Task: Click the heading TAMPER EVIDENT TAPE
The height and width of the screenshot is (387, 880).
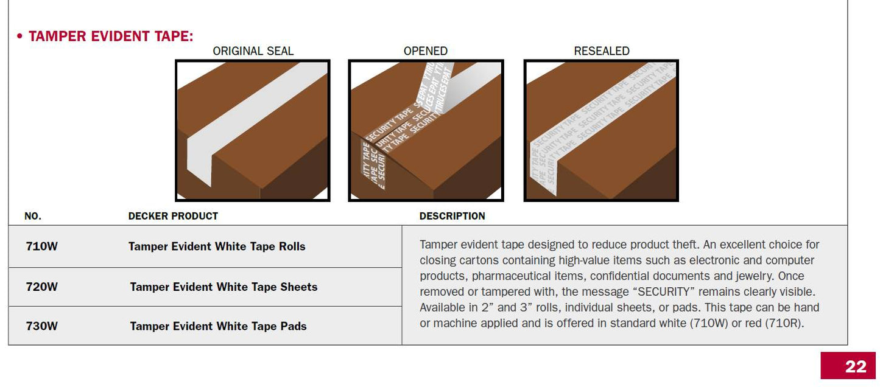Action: (x=111, y=37)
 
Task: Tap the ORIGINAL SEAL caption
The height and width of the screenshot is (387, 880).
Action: (x=253, y=51)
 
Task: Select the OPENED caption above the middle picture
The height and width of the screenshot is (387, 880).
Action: (x=425, y=51)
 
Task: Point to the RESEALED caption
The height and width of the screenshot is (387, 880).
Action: (x=601, y=51)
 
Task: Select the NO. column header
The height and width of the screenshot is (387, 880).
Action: (x=33, y=216)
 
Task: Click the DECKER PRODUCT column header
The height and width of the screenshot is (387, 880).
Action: (x=173, y=216)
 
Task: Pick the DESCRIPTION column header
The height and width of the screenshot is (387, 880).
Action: (x=452, y=216)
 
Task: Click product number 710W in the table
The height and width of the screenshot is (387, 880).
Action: (x=41, y=246)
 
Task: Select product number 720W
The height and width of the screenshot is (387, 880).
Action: (x=41, y=287)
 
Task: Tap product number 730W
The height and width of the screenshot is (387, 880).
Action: (x=41, y=326)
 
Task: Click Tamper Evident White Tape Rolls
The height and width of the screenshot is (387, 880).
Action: (x=217, y=246)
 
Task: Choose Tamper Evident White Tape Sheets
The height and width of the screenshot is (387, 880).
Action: (x=224, y=287)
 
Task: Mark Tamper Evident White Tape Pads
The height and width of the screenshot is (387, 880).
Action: (x=218, y=326)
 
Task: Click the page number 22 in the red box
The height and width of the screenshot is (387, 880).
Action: (x=855, y=366)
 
